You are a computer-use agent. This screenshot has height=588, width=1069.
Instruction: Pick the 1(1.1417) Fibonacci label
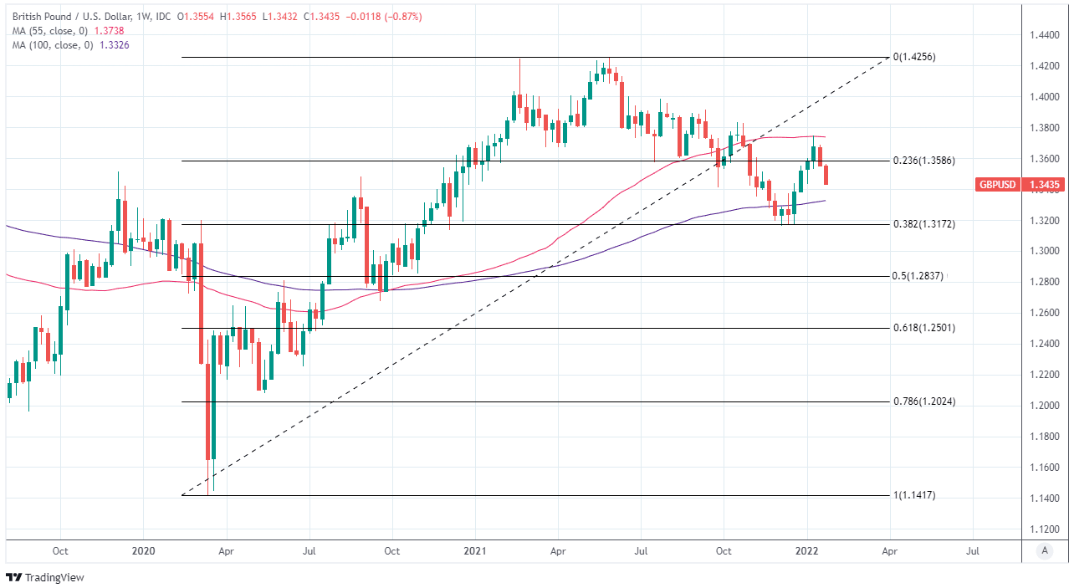tap(914, 495)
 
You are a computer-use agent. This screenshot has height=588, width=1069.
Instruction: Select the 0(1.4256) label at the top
tap(914, 57)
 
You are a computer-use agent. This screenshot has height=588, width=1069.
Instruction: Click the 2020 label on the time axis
tap(143, 552)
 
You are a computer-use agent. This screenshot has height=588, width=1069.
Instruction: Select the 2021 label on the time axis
tap(474, 552)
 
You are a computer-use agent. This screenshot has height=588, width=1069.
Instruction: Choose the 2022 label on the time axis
tap(808, 552)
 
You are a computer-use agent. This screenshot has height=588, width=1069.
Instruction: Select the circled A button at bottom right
tap(1043, 550)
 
